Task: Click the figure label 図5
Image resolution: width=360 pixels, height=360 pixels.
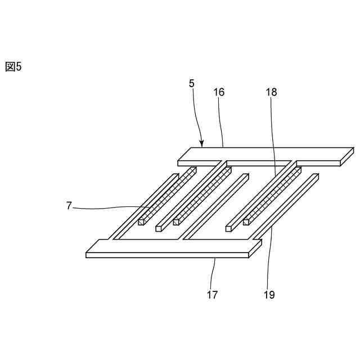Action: pyautogui.click(x=13, y=67)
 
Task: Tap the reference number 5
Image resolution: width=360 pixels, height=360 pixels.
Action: pyautogui.click(x=192, y=83)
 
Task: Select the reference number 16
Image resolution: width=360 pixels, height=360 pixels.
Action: pyautogui.click(x=219, y=92)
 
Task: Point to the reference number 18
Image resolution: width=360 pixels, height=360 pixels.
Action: pyautogui.click(x=271, y=92)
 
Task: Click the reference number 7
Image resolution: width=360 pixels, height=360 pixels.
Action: pyautogui.click(x=69, y=206)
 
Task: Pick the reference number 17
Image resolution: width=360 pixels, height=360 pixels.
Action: pyautogui.click(x=212, y=294)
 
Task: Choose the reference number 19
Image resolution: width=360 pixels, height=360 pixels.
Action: pyautogui.click(x=269, y=294)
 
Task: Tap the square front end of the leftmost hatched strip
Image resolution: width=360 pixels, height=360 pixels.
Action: pyautogui.click(x=141, y=222)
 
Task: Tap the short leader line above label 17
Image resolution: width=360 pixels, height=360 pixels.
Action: pyautogui.click(x=214, y=273)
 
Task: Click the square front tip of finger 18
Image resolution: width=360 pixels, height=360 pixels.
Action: pyautogui.click(x=229, y=228)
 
